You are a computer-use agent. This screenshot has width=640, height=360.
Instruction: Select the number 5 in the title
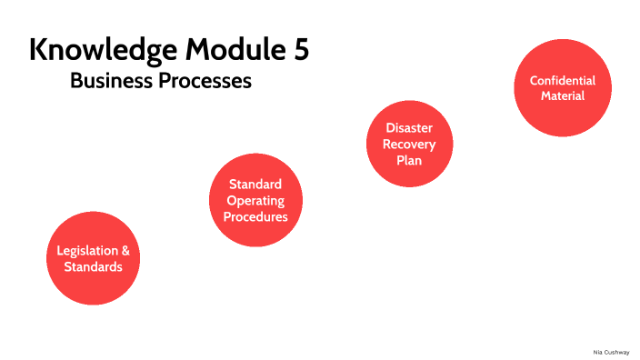pos(301,49)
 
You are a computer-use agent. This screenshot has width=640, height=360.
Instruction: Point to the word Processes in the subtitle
pos(205,81)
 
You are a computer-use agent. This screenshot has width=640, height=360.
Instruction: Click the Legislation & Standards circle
pos(93,259)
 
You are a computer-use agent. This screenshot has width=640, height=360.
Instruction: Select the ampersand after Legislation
pos(125,251)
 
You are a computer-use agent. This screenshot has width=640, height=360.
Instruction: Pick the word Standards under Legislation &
pos(93,267)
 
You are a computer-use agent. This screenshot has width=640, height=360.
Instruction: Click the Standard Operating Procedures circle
pos(255,201)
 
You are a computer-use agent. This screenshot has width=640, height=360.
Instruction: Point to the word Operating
pos(255,201)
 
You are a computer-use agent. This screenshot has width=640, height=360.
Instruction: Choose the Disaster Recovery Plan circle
pos(409,145)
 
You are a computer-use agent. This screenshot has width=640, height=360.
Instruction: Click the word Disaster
pos(409,128)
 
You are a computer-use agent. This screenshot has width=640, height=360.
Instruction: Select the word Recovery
pos(409,145)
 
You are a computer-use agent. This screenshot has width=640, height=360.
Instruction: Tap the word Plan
pos(409,161)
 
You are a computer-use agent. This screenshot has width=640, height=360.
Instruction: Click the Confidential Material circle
pos(562,88)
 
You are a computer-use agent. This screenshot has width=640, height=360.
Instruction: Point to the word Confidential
pos(563,80)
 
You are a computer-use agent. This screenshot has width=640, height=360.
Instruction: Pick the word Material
pos(563,95)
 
